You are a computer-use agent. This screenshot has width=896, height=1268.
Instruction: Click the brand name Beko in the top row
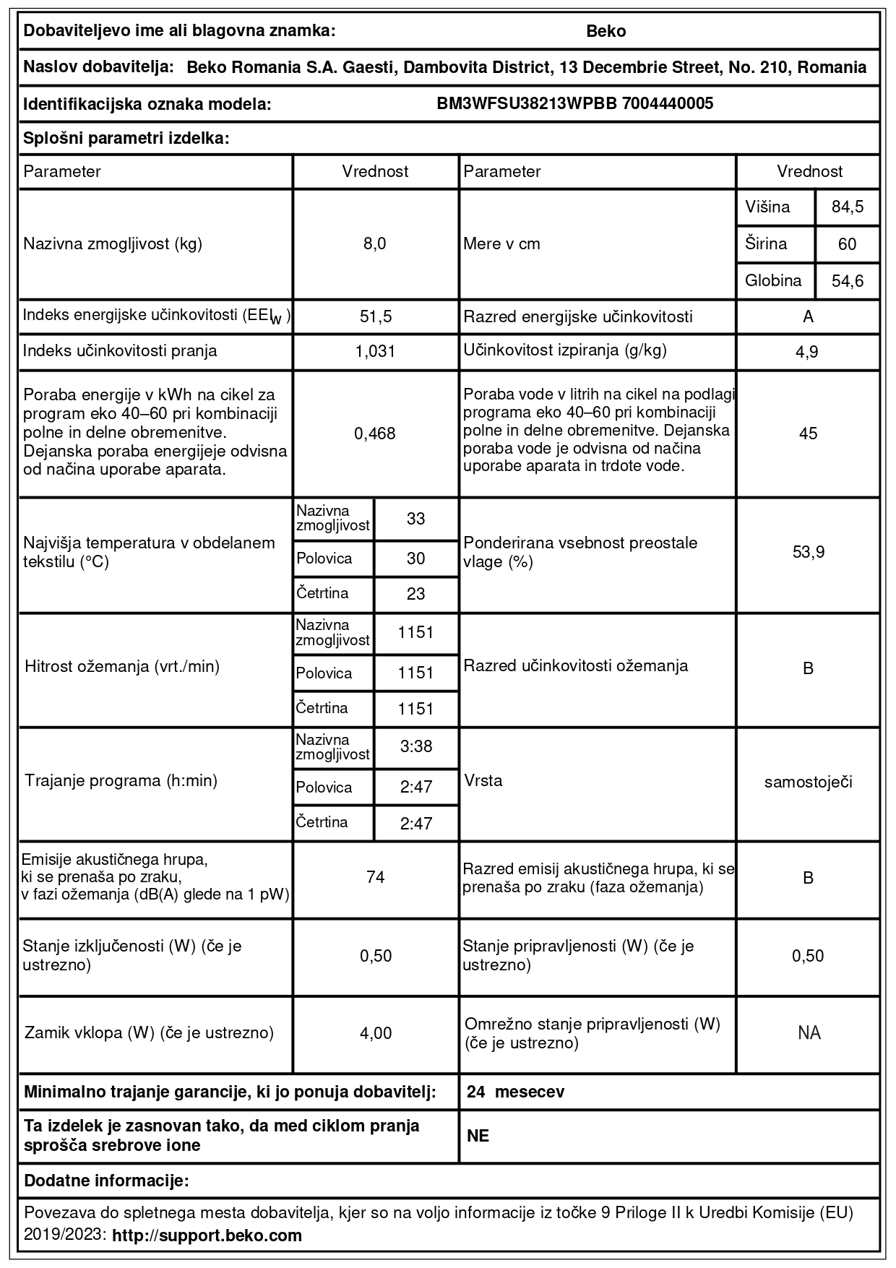point(606,31)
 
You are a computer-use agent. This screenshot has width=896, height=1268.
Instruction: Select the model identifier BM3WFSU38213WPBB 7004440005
point(574,103)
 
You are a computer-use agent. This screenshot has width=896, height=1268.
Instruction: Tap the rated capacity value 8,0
point(375,243)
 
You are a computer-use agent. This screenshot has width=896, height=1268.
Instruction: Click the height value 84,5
point(847,207)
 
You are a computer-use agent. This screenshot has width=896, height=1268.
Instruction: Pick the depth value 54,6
point(847,281)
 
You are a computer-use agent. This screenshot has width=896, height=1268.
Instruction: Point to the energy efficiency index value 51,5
point(375,316)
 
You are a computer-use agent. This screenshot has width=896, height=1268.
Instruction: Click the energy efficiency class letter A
point(808,316)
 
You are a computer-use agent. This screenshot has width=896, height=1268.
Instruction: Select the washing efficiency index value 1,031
point(375,352)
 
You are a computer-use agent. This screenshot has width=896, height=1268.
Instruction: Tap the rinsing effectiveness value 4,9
point(808,352)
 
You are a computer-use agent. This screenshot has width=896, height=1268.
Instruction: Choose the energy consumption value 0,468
point(375,434)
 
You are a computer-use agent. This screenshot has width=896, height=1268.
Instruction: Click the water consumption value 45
point(808,434)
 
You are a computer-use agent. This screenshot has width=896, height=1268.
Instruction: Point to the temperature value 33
point(415,519)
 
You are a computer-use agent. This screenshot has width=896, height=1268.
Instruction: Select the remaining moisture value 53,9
point(808,553)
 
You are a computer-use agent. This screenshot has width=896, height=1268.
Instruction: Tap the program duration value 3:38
point(415,746)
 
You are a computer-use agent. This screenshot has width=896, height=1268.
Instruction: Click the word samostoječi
point(808,782)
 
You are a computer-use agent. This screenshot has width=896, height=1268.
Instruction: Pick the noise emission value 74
point(375,877)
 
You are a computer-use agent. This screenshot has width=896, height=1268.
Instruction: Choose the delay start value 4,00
point(375,1033)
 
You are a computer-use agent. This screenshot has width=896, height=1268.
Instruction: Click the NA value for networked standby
point(809,1033)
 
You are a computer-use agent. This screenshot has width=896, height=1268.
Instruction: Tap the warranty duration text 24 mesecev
point(515,1092)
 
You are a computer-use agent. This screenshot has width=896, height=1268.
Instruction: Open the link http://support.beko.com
point(207,1235)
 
